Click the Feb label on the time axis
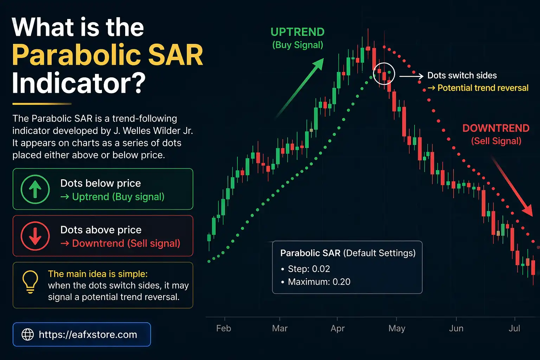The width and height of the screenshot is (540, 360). pyautogui.click(x=224, y=328)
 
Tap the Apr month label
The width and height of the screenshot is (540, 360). pyautogui.click(x=337, y=328)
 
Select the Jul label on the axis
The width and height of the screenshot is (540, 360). pyautogui.click(x=514, y=328)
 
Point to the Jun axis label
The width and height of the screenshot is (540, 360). pyautogui.click(x=456, y=328)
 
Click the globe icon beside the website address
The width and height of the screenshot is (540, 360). pyautogui.click(x=28, y=334)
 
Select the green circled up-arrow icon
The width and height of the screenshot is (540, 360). pyautogui.click(x=35, y=189)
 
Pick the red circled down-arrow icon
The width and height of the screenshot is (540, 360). pyautogui.click(x=35, y=236)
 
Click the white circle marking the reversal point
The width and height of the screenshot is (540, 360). pyautogui.click(x=384, y=74)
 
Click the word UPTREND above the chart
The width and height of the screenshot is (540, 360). pyautogui.click(x=297, y=32)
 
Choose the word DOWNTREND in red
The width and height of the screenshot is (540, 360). pyautogui.click(x=496, y=128)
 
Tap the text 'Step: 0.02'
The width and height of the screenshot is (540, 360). pyautogui.click(x=309, y=269)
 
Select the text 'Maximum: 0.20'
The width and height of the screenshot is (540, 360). pyautogui.click(x=319, y=282)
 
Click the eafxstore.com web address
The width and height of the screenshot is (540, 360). pyautogui.click(x=88, y=334)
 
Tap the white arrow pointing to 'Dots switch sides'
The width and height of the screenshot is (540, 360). pyautogui.click(x=411, y=76)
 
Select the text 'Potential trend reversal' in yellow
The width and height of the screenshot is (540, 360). pyautogui.click(x=483, y=88)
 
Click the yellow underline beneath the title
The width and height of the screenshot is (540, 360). pyautogui.click(x=42, y=104)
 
